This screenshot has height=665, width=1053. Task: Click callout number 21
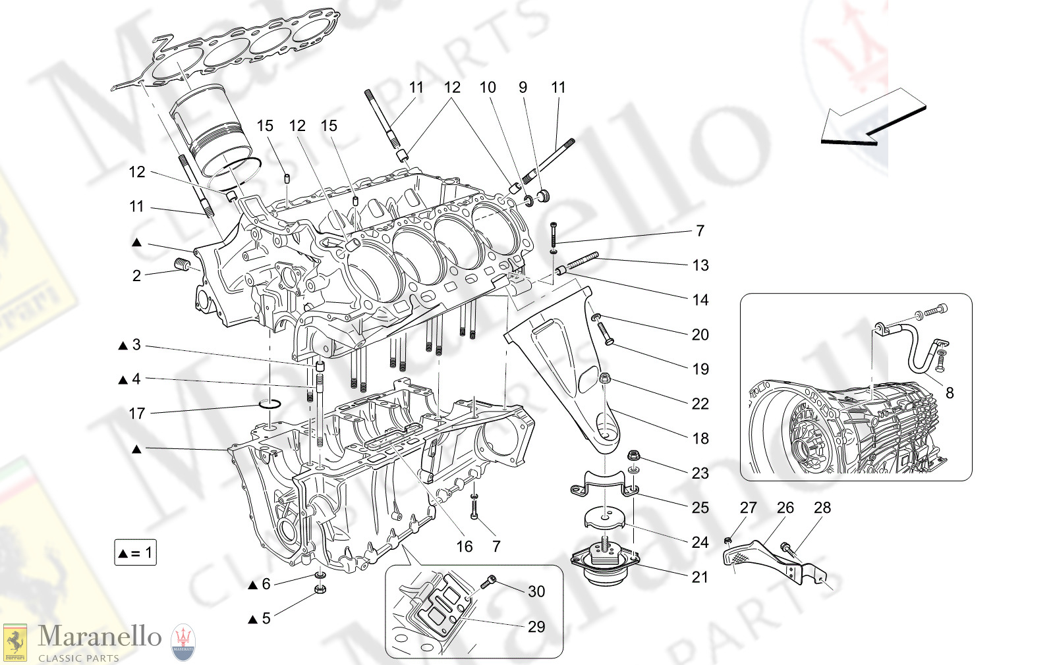tap(700, 577)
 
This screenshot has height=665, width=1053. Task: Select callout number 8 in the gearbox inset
tap(950, 393)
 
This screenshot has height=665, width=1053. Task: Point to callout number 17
tap(136, 413)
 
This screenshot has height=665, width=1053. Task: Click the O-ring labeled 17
tap(270, 403)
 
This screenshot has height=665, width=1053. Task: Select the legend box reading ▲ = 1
tap(135, 552)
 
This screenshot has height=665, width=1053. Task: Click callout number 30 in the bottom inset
tap(536, 591)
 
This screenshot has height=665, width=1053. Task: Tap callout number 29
tap(536, 627)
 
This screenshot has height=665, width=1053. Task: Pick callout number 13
tap(700, 265)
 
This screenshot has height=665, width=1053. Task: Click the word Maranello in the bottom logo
tap(100, 637)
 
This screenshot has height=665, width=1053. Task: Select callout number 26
tap(785, 508)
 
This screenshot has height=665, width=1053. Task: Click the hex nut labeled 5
tap(320, 588)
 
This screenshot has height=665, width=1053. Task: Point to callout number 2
tap(136, 276)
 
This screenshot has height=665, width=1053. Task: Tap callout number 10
tap(488, 88)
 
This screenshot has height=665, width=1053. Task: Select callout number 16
tap(465, 546)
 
